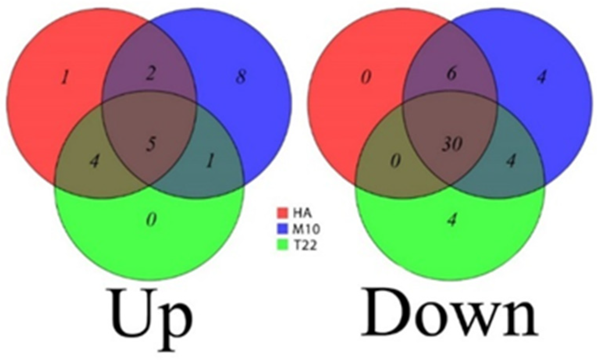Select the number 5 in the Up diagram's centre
point(151,144)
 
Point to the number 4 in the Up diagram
point(94,161)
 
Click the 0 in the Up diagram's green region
point(151,220)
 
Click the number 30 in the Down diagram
point(452,144)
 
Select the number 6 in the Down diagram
point(451,73)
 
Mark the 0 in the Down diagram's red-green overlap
point(395,161)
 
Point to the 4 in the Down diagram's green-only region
point(451,220)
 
